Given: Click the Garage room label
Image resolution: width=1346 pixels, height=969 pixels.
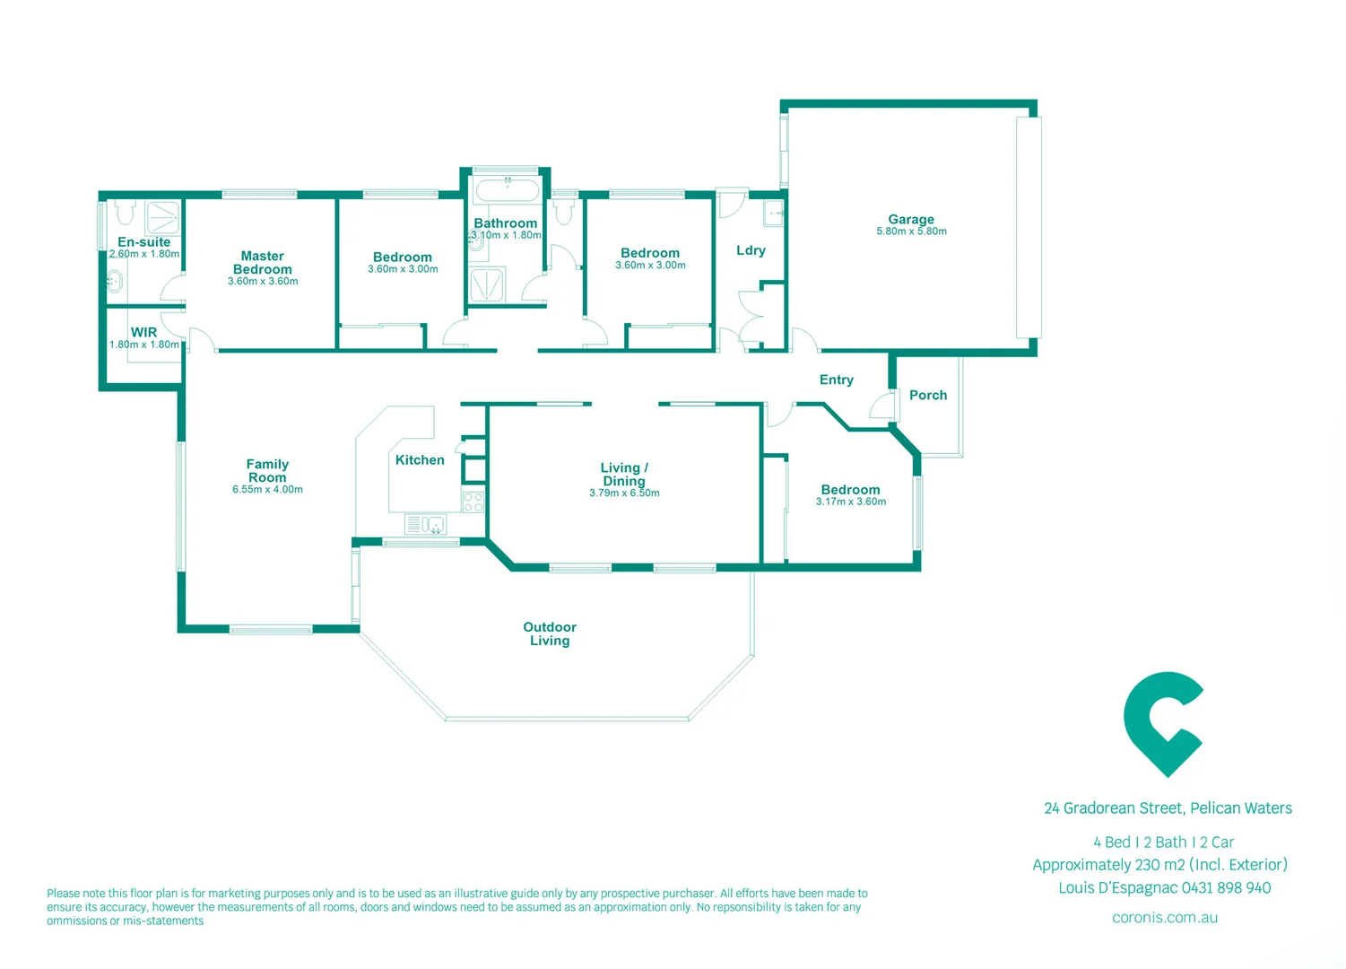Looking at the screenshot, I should coord(911,219).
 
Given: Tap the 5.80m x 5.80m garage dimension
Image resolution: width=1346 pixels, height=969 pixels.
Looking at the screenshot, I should coord(911,231).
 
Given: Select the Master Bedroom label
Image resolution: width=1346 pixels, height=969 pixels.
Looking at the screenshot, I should coord(262,263).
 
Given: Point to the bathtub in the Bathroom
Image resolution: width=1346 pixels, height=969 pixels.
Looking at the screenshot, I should coord(507,190).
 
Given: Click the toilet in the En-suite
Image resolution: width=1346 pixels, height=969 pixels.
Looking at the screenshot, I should coord(124,212).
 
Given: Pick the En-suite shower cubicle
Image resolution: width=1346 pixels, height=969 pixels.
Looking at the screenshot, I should coord(163,217).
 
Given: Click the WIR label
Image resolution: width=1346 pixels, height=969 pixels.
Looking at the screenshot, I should coord(143,332).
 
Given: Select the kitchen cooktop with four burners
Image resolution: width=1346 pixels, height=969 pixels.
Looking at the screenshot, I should coord(473,502).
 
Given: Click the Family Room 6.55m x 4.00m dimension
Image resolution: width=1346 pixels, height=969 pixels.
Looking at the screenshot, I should coord(267,490).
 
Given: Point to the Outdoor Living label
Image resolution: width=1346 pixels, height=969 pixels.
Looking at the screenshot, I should coord(550,633).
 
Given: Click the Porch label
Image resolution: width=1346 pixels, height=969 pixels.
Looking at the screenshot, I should coord(928,395).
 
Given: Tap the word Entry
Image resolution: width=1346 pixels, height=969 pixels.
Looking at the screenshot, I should coord(836,380).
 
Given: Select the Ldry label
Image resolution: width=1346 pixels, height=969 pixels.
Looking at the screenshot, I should coord(751,250).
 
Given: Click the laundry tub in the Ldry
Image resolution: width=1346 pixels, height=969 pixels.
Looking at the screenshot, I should coord(773,214).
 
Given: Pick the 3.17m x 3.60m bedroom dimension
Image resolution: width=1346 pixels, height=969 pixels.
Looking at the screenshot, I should coord(850,502).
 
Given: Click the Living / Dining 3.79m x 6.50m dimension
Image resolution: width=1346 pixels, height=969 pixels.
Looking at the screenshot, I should coord(624,493).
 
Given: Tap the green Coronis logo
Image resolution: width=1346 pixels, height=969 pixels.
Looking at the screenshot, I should coord(1162,723).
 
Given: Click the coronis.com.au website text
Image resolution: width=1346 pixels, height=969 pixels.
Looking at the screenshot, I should coord(1164,917).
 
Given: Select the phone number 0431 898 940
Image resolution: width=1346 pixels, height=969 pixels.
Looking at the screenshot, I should coord(1226,887).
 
